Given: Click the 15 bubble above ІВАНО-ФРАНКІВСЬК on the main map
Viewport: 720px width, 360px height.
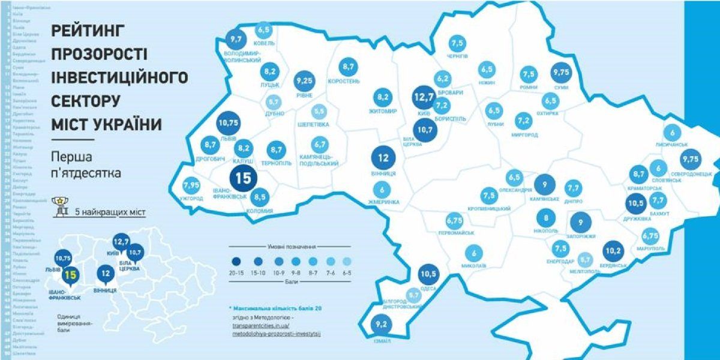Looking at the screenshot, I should (x=243, y=178).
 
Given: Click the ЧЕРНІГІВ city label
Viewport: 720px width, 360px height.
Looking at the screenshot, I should (x=458, y=56).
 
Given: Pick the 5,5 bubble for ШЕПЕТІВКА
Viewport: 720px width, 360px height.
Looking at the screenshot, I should (x=320, y=112).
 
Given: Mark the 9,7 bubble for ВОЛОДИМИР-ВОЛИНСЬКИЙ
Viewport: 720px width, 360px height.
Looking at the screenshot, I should (x=235, y=40).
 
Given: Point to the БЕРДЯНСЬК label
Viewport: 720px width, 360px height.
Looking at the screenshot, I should (x=614, y=265).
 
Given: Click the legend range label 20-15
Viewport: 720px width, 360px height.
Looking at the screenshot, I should (x=238, y=271).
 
